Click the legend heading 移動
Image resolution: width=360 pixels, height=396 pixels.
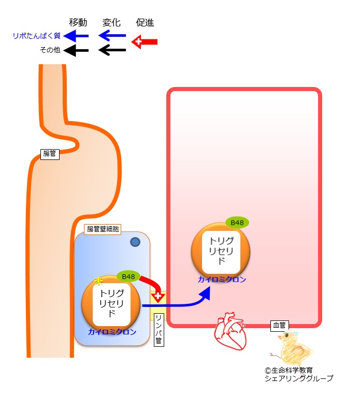coord(78,22)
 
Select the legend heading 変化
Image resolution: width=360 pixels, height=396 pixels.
coord(111,22)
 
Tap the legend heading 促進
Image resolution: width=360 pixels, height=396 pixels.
coord(145,22)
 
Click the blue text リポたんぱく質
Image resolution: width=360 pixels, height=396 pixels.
coord(37,36)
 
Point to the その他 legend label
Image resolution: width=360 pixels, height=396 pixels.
coord(50,50)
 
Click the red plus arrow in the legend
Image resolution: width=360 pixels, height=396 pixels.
coord(145,42)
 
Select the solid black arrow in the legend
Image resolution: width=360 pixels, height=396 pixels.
coord(76,50)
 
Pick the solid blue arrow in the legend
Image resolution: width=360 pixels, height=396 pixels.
coord(76,36)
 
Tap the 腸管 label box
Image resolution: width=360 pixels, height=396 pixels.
coord(50,154)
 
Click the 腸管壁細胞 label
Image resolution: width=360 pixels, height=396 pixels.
coord(103,229)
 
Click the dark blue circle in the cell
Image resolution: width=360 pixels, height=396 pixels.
coord(135,242)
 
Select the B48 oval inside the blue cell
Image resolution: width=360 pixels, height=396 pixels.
coord(128,277)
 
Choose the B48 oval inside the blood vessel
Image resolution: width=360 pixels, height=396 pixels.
coord(237,223)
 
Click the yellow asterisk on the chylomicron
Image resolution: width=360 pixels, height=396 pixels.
coord(98,281)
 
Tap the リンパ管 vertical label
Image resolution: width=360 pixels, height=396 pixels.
coord(159,330)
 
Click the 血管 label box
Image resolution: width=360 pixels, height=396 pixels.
coord(279,325)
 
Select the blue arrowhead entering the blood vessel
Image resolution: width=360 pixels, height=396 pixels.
coord(205,294)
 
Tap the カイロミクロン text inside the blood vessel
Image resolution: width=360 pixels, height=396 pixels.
coord(222,280)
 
